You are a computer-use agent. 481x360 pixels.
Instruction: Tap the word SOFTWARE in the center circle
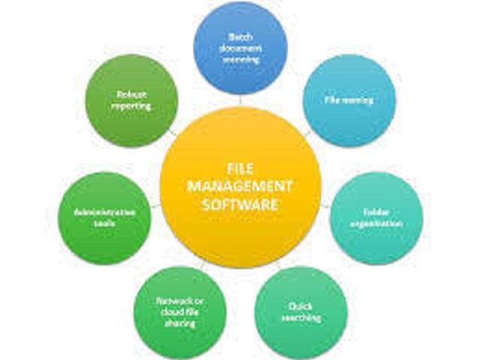point(240,204)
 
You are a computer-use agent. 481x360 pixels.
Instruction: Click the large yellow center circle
point(240,225)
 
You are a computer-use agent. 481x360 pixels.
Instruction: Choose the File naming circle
point(349,100)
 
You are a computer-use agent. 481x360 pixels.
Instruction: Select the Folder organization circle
point(376,219)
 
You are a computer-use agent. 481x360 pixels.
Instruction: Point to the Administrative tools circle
point(105,219)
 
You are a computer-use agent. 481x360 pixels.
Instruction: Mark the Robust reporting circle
point(132,100)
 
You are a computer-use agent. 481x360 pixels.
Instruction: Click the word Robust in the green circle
point(132,95)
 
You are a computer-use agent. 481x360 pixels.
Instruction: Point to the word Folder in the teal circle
point(376,213)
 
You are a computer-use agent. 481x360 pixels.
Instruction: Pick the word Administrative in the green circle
point(105,213)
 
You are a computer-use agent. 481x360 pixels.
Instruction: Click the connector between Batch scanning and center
point(240,101)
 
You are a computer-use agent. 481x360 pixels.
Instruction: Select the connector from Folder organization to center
point(325,204)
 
